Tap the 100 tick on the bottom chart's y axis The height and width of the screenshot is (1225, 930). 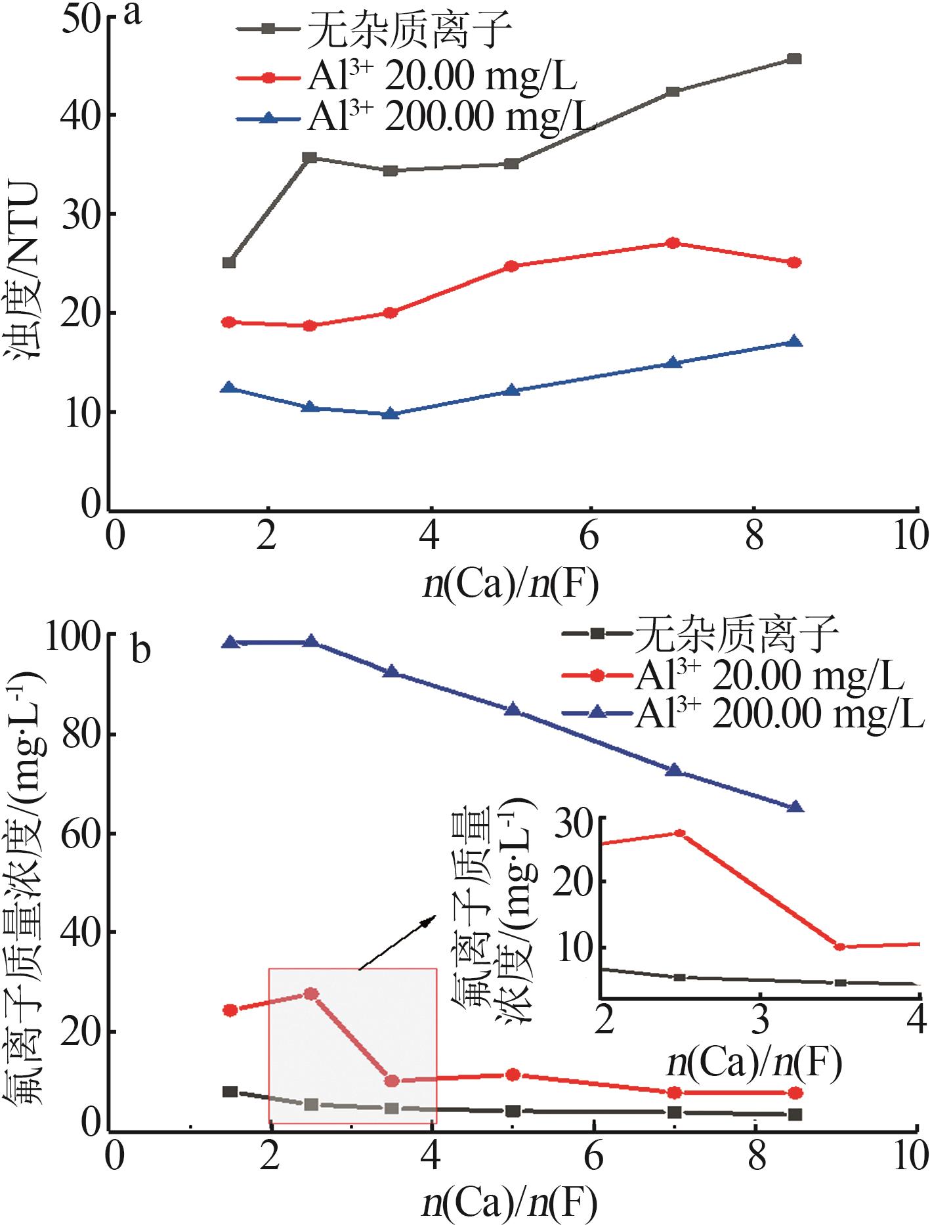[73, 635]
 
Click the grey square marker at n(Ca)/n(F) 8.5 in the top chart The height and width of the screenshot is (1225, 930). [795, 59]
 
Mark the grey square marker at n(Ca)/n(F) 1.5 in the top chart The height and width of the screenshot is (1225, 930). [229, 263]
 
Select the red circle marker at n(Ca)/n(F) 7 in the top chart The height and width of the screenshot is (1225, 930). [673, 243]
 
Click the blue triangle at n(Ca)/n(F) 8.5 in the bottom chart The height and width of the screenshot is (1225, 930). [795, 807]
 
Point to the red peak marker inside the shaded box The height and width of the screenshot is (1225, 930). [311, 994]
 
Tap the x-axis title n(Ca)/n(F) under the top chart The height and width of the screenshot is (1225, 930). [511, 586]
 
